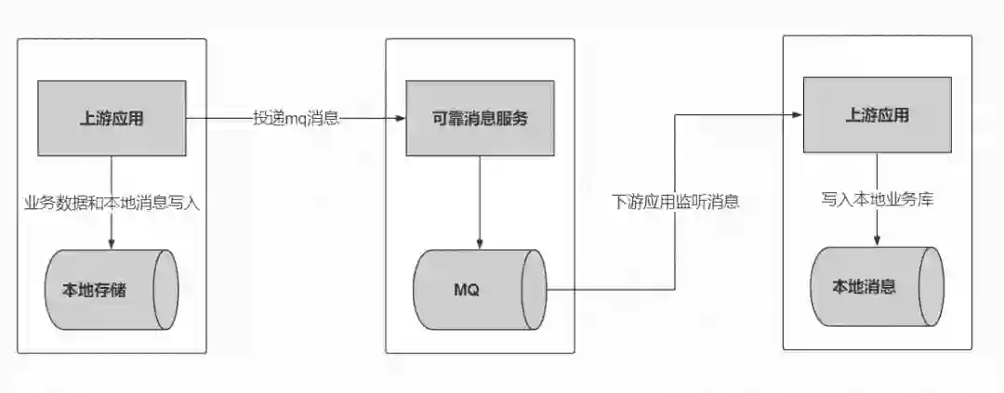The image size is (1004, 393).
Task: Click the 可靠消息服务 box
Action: (480, 117)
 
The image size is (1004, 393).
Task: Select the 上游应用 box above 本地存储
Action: (112, 117)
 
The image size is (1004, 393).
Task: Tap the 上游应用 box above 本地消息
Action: (877, 115)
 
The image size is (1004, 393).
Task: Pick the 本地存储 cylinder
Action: (112, 289)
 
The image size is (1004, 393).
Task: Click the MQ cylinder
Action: (480, 289)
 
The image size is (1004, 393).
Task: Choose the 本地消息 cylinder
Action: (877, 286)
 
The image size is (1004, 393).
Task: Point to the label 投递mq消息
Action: (296, 118)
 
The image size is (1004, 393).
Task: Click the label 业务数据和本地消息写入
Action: (112, 203)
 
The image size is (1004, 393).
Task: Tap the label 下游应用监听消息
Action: (675, 202)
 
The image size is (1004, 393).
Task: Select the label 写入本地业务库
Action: (877, 199)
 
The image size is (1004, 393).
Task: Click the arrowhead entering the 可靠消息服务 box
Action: (400, 118)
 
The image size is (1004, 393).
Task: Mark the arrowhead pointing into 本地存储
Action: (112, 244)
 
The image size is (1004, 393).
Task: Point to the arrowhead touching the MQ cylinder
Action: (480, 244)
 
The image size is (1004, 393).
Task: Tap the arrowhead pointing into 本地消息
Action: (877, 242)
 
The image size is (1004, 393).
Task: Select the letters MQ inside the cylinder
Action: (466, 289)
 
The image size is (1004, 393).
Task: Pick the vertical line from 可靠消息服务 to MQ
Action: (480, 200)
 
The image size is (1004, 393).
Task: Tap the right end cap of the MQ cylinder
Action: (535, 289)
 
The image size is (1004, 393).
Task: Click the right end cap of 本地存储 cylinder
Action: (166, 289)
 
